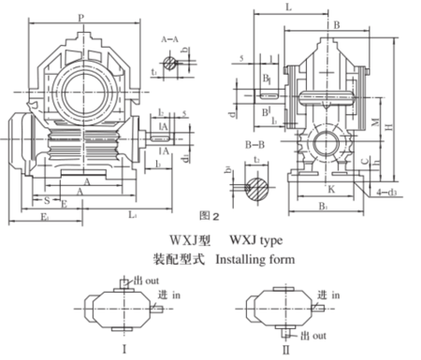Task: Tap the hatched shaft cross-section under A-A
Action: (169, 63)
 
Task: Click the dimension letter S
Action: (46, 199)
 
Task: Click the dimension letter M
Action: (374, 124)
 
